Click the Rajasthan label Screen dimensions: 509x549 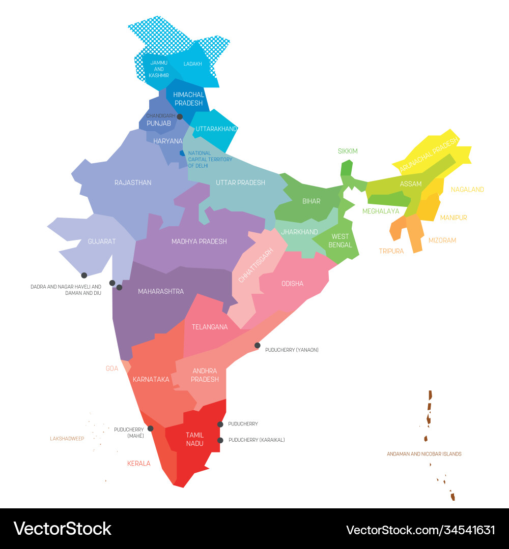pyautogui.click(x=133, y=182)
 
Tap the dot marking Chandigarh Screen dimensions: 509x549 pyautogui.click(x=180, y=116)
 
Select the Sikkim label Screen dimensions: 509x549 pyautogui.click(x=348, y=151)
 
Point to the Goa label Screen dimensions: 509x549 pyautogui.click(x=112, y=369)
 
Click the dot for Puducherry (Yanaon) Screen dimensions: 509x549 pyautogui.click(x=258, y=346)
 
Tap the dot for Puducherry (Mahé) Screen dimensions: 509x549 pyautogui.click(x=150, y=429)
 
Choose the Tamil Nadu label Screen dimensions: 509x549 pyautogui.click(x=194, y=439)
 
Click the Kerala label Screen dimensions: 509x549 pyautogui.click(x=139, y=464)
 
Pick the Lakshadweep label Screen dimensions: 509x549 pyautogui.click(x=67, y=438)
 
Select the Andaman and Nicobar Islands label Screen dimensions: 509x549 pyautogui.click(x=424, y=454)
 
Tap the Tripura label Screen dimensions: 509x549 pyautogui.click(x=391, y=251)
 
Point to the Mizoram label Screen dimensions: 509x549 pyautogui.click(x=442, y=240)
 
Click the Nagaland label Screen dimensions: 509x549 pyautogui.click(x=467, y=190)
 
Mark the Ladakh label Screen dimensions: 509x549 pyautogui.click(x=193, y=64)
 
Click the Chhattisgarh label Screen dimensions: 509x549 pyautogui.click(x=256, y=265)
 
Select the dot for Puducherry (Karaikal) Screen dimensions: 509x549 pyautogui.click(x=220, y=440)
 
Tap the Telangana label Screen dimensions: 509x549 pyautogui.click(x=210, y=327)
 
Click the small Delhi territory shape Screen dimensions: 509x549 pyautogui.click(x=182, y=153)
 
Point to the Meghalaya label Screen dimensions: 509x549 pyautogui.click(x=381, y=211)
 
